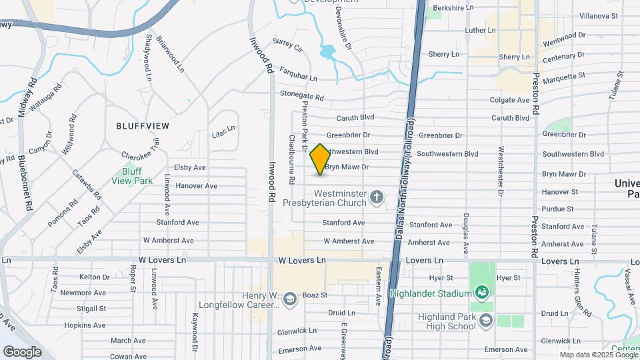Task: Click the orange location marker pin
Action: click(x=320, y=159)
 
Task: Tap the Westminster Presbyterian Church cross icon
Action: click(x=377, y=197)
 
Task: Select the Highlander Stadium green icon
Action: click(x=481, y=292)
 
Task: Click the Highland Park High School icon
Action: click(x=486, y=321)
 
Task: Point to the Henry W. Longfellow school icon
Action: click(x=290, y=299)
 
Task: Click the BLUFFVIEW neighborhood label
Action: click(x=143, y=125)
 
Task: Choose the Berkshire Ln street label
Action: click(x=453, y=7)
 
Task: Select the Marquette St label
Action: click(x=564, y=77)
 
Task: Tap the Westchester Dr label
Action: click(x=501, y=171)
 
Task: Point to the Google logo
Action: click(x=22, y=351)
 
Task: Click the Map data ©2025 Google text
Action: click(x=598, y=355)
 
